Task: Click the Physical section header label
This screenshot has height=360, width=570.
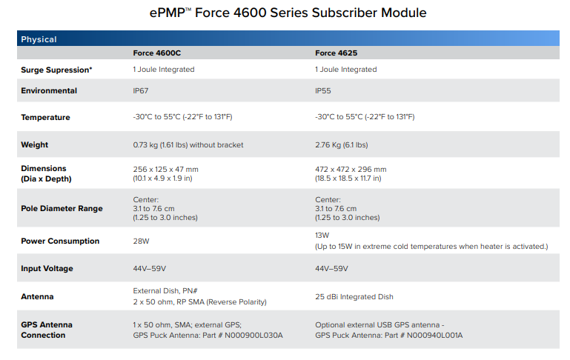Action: pos(39,39)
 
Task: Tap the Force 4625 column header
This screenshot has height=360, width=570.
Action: pos(337,53)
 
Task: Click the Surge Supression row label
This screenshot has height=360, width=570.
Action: pos(56,70)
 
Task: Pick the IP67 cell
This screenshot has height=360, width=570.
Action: pos(141,91)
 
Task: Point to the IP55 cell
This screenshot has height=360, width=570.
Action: pos(323,91)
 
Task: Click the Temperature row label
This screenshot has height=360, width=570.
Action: pos(45,118)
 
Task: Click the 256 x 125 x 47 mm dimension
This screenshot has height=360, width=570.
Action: pos(165,169)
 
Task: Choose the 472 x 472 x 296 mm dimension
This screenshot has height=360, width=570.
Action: pos(351,169)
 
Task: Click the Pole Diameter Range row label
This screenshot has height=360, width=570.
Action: pos(62,209)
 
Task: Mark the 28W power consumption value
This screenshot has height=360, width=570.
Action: pos(141,241)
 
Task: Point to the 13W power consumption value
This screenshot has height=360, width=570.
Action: pos(322,235)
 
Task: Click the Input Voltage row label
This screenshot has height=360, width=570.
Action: pos(47,269)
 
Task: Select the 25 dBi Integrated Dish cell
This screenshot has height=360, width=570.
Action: pos(354,297)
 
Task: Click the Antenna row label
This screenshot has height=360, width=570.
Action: pos(37,297)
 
